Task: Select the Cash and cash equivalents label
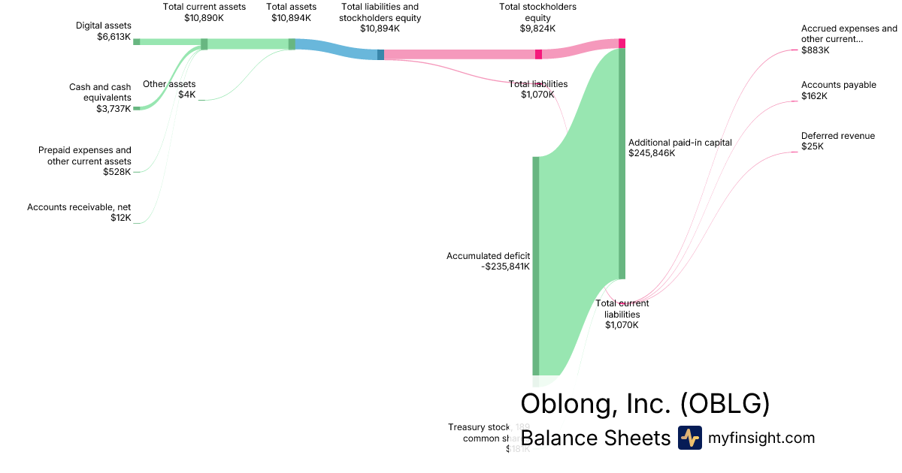click(100, 98)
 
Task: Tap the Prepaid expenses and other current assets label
click(85, 161)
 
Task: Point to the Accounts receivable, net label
click(79, 212)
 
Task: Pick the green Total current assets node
click(204, 44)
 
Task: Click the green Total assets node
click(292, 44)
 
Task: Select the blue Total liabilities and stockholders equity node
click(380, 54)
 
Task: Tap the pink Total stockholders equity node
click(538, 54)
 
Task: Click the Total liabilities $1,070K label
click(537, 89)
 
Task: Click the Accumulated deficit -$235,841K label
click(489, 261)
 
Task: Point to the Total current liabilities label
click(622, 314)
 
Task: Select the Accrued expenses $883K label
click(849, 39)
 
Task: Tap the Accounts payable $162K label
click(838, 90)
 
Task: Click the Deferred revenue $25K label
click(837, 141)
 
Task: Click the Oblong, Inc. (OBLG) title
click(645, 403)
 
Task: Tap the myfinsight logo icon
click(689, 438)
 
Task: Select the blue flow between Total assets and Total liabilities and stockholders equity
click(338, 48)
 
